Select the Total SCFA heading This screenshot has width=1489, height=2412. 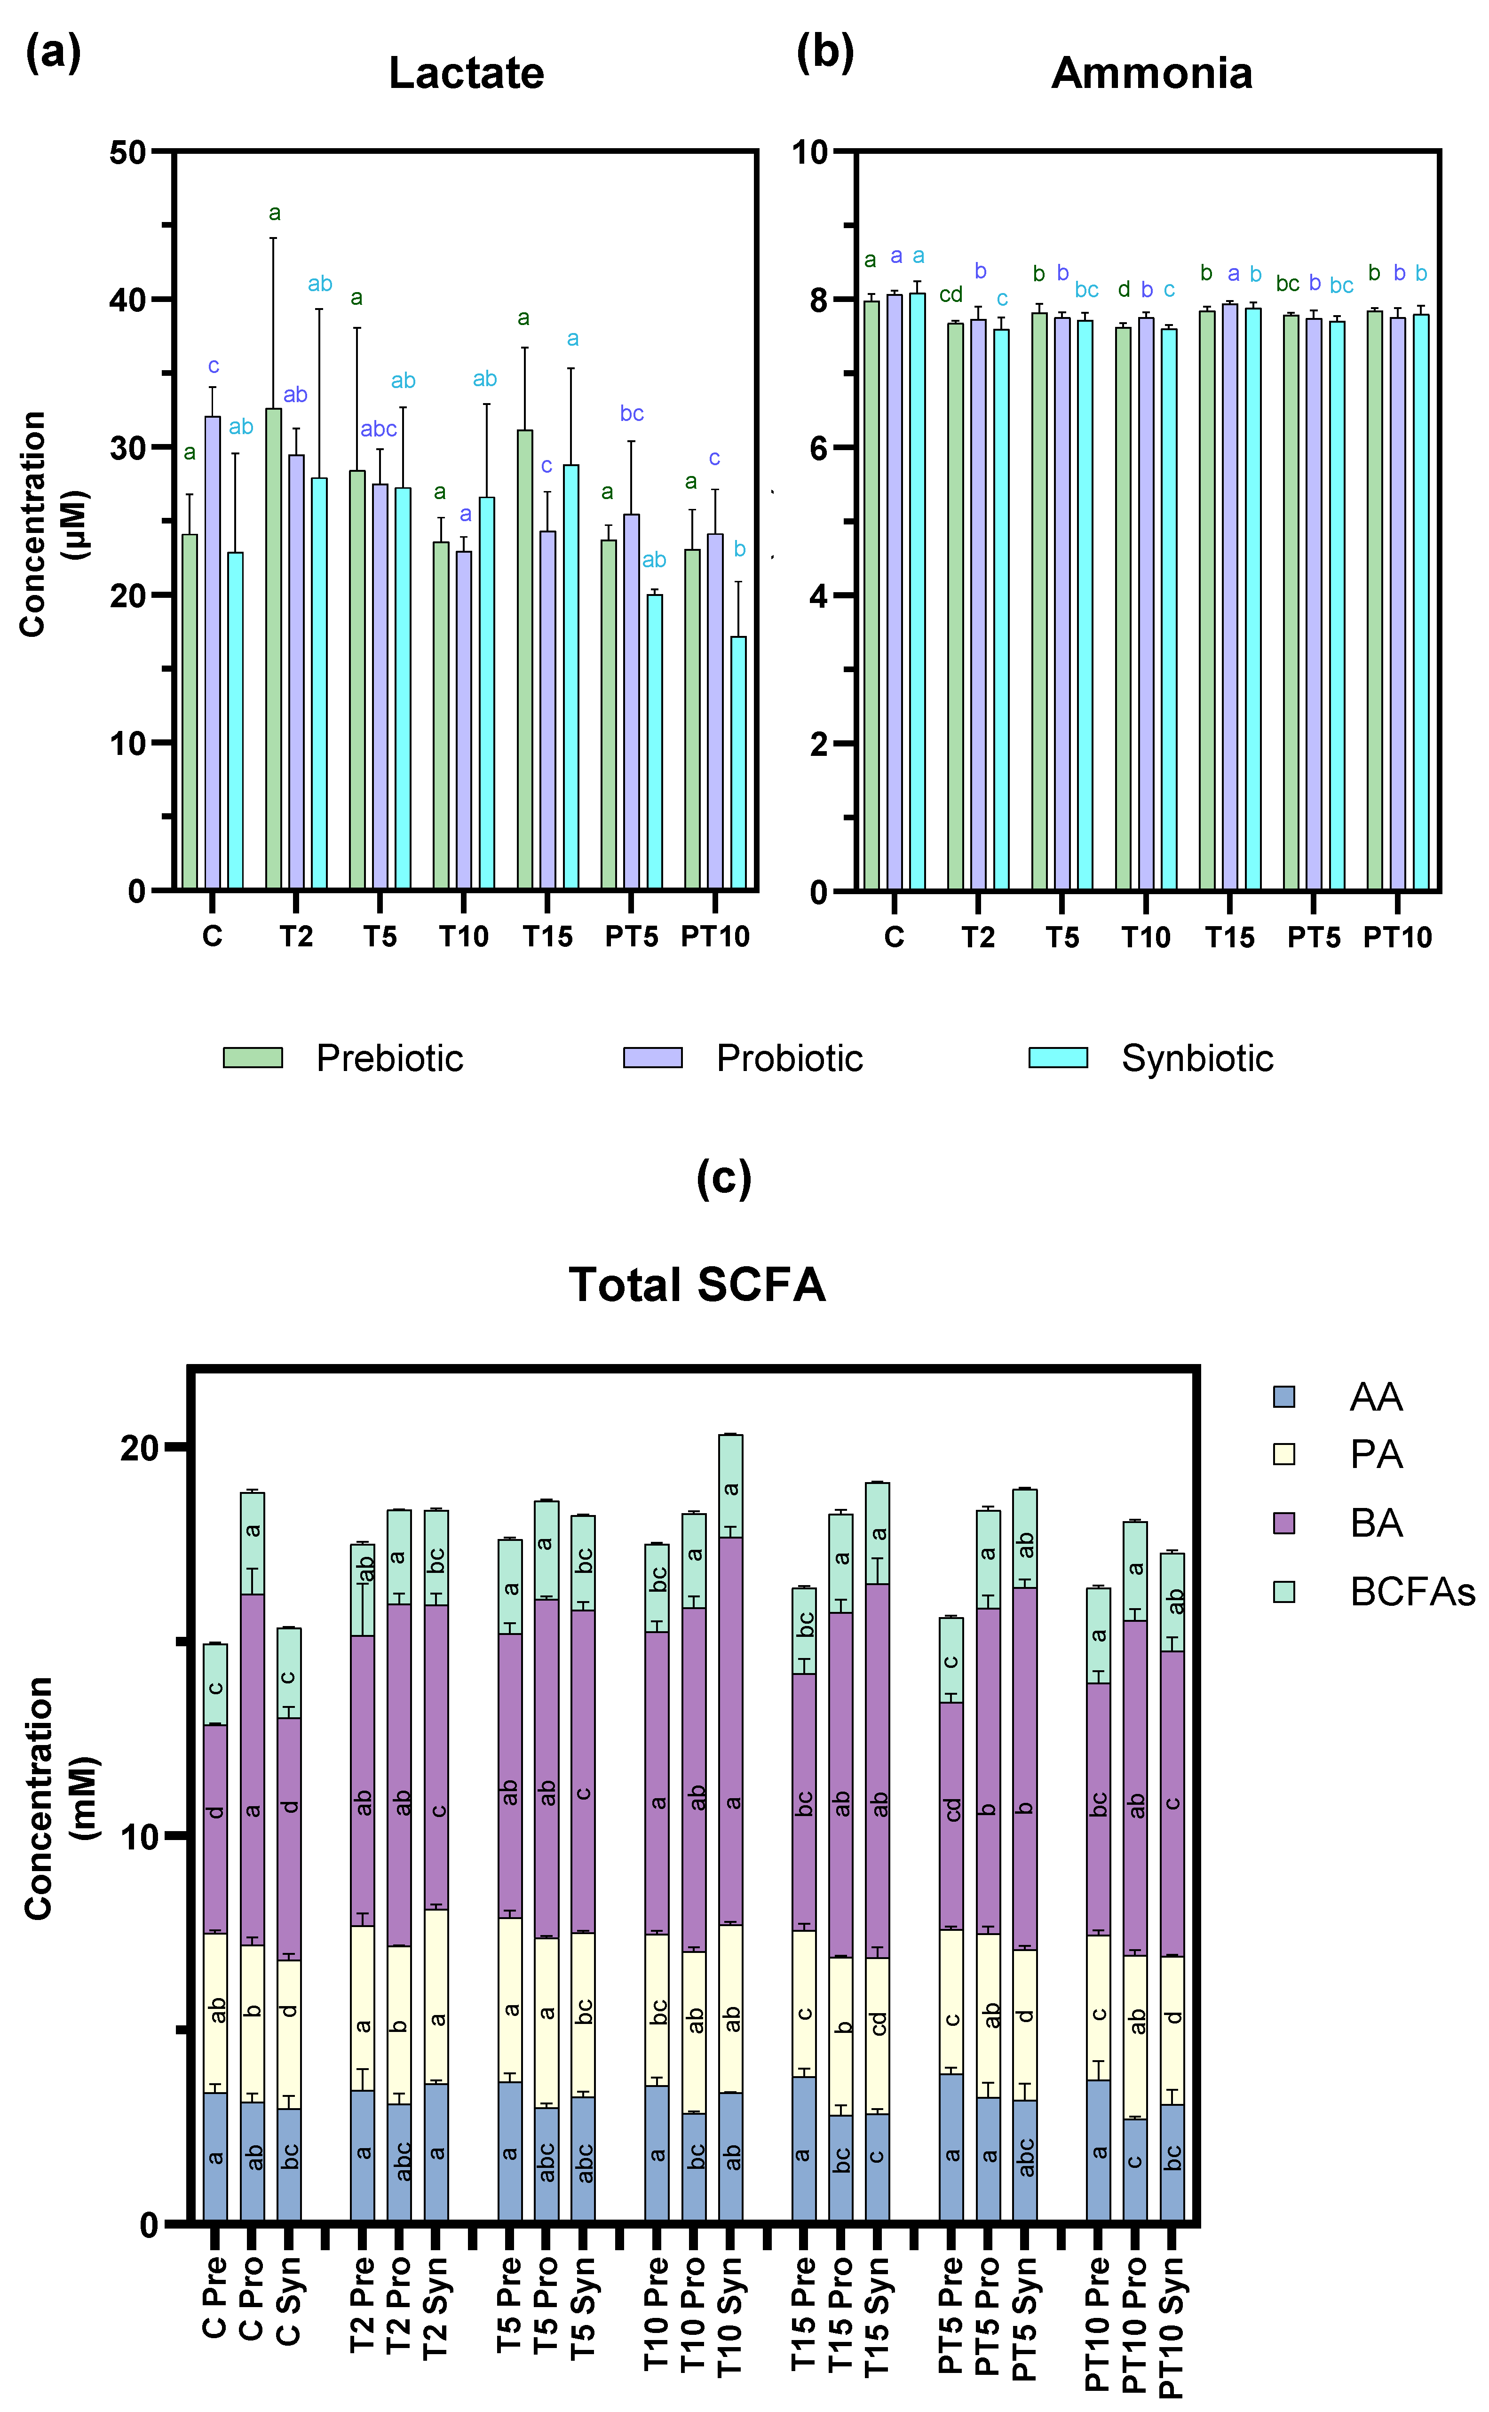[x=697, y=1284]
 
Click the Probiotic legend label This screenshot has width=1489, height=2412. [x=790, y=1058]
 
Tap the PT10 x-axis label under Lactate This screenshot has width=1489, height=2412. [x=715, y=936]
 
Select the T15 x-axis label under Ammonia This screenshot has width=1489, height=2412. [x=1230, y=936]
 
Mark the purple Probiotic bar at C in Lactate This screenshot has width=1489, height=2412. [x=213, y=653]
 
